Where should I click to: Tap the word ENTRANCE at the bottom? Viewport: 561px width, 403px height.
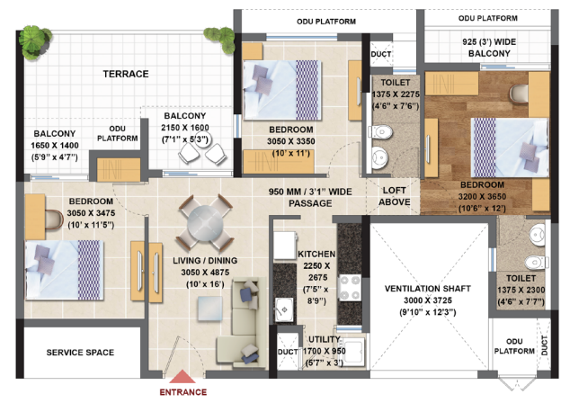[x=183, y=392]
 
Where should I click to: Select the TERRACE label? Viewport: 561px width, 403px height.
[x=125, y=74]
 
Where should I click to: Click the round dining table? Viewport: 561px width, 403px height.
[x=201, y=221]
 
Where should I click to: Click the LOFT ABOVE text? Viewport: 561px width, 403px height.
[x=396, y=197]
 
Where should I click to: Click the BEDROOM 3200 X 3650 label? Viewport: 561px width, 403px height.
[x=484, y=197]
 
